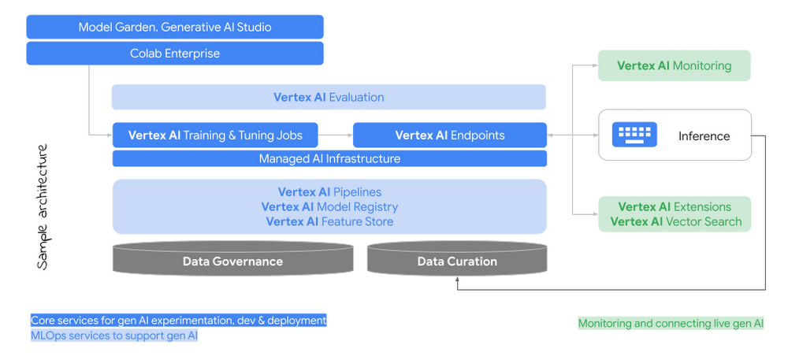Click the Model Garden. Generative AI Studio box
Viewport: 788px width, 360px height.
(x=174, y=27)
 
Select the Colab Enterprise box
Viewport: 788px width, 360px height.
(x=174, y=54)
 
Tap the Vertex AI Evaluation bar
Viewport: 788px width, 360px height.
(x=329, y=98)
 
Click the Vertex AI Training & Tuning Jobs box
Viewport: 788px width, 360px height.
(x=215, y=135)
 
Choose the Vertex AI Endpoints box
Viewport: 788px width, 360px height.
(x=449, y=135)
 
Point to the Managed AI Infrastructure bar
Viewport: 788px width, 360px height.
(x=329, y=159)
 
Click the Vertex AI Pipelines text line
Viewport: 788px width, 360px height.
(x=329, y=192)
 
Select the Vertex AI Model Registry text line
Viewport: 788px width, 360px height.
(x=329, y=207)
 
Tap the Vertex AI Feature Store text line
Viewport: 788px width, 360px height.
(x=329, y=222)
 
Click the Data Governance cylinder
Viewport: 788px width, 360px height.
(x=232, y=261)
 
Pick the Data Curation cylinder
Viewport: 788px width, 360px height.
(x=457, y=261)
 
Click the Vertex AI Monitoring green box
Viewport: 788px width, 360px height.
(x=674, y=66)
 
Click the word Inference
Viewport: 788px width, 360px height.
(x=704, y=136)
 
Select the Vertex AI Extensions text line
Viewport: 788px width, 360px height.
(x=674, y=207)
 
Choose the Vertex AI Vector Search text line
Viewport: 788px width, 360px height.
(x=675, y=222)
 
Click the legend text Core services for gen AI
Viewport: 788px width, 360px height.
(x=178, y=321)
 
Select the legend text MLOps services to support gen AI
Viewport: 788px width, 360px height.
(x=113, y=336)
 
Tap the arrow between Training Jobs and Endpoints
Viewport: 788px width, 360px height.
(x=336, y=135)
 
